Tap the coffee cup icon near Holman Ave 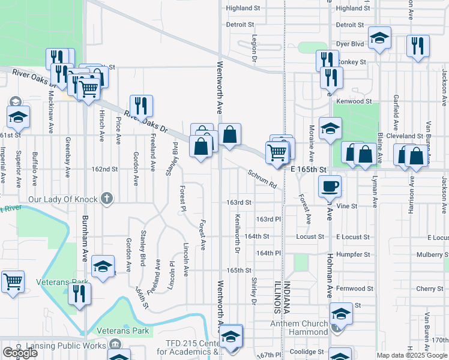[329, 186]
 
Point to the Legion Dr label [254, 51]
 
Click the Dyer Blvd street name [350, 44]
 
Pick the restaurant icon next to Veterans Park [79, 294]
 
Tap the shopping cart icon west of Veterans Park [13, 281]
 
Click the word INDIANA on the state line [288, 297]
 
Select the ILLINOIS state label [277, 297]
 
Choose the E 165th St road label [308, 170]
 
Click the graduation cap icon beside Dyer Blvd [379, 38]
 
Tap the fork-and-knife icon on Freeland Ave [142, 106]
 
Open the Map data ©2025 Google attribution [412, 355]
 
